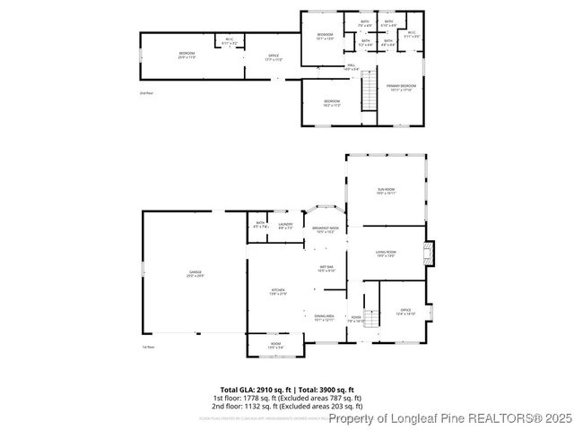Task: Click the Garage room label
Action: point(195,273)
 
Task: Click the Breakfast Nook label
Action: point(325,229)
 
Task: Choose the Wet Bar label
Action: point(326,269)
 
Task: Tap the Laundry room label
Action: point(285,226)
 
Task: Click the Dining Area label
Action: point(324,317)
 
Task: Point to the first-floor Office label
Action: point(405,313)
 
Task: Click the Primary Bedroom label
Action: point(401,88)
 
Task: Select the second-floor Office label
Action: point(274,58)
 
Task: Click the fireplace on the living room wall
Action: point(429,253)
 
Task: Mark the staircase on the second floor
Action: point(368,90)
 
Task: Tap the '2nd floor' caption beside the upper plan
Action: point(146,93)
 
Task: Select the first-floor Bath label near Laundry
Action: point(259,225)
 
